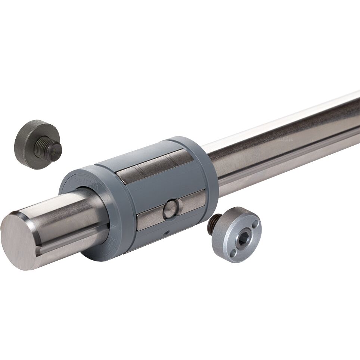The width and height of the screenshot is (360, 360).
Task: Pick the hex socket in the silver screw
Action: (x=242, y=239)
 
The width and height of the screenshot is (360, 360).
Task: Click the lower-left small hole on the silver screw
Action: (x=232, y=254)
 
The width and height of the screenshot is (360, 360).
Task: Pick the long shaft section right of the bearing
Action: (x=284, y=142)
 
